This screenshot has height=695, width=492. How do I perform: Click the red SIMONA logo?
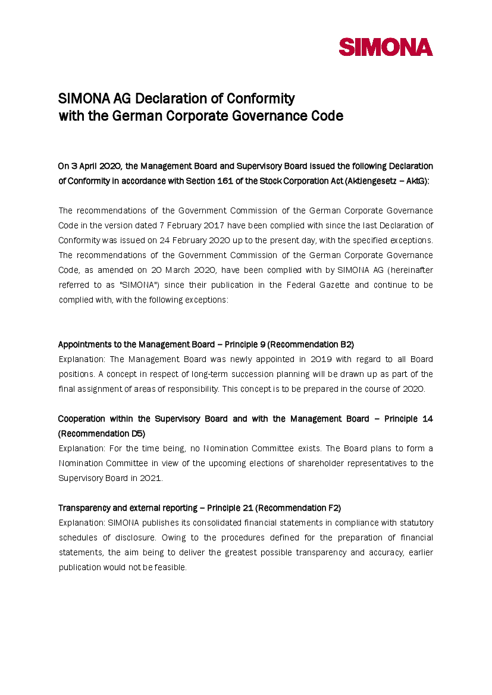(x=386, y=47)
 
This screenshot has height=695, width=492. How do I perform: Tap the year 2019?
(x=322, y=359)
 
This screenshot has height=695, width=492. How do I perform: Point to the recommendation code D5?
(x=137, y=433)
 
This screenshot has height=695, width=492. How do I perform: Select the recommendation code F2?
(x=333, y=508)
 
